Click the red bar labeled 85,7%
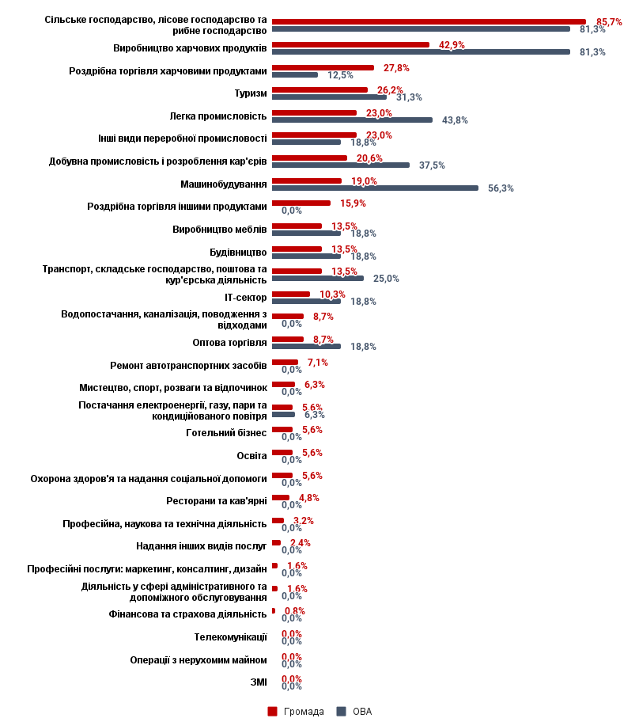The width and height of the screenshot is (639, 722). [429, 21]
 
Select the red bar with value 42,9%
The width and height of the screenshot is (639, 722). [350, 44]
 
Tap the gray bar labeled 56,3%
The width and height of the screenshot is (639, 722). [375, 188]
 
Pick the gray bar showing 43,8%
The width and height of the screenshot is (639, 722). [352, 120]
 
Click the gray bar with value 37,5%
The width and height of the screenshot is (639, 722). [341, 165]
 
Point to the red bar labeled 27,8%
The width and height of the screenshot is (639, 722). [323, 67]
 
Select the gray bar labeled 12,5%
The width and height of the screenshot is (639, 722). [295, 75]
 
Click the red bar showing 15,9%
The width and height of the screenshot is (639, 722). [301, 203]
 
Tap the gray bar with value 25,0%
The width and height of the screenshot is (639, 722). [318, 279]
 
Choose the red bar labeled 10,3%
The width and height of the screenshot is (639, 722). [291, 294]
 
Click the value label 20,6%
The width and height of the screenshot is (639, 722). [369, 158]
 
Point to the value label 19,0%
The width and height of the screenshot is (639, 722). [364, 181]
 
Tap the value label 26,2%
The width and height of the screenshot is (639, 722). [390, 90]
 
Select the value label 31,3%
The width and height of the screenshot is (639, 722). [409, 97]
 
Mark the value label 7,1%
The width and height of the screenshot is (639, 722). [317, 363]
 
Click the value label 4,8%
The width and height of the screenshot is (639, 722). [309, 498]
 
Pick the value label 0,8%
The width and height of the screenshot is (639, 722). [294, 611]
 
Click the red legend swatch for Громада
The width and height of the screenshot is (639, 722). [272, 711]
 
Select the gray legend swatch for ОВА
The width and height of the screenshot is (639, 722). [342, 711]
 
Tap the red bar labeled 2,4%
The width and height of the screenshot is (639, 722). [276, 542]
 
